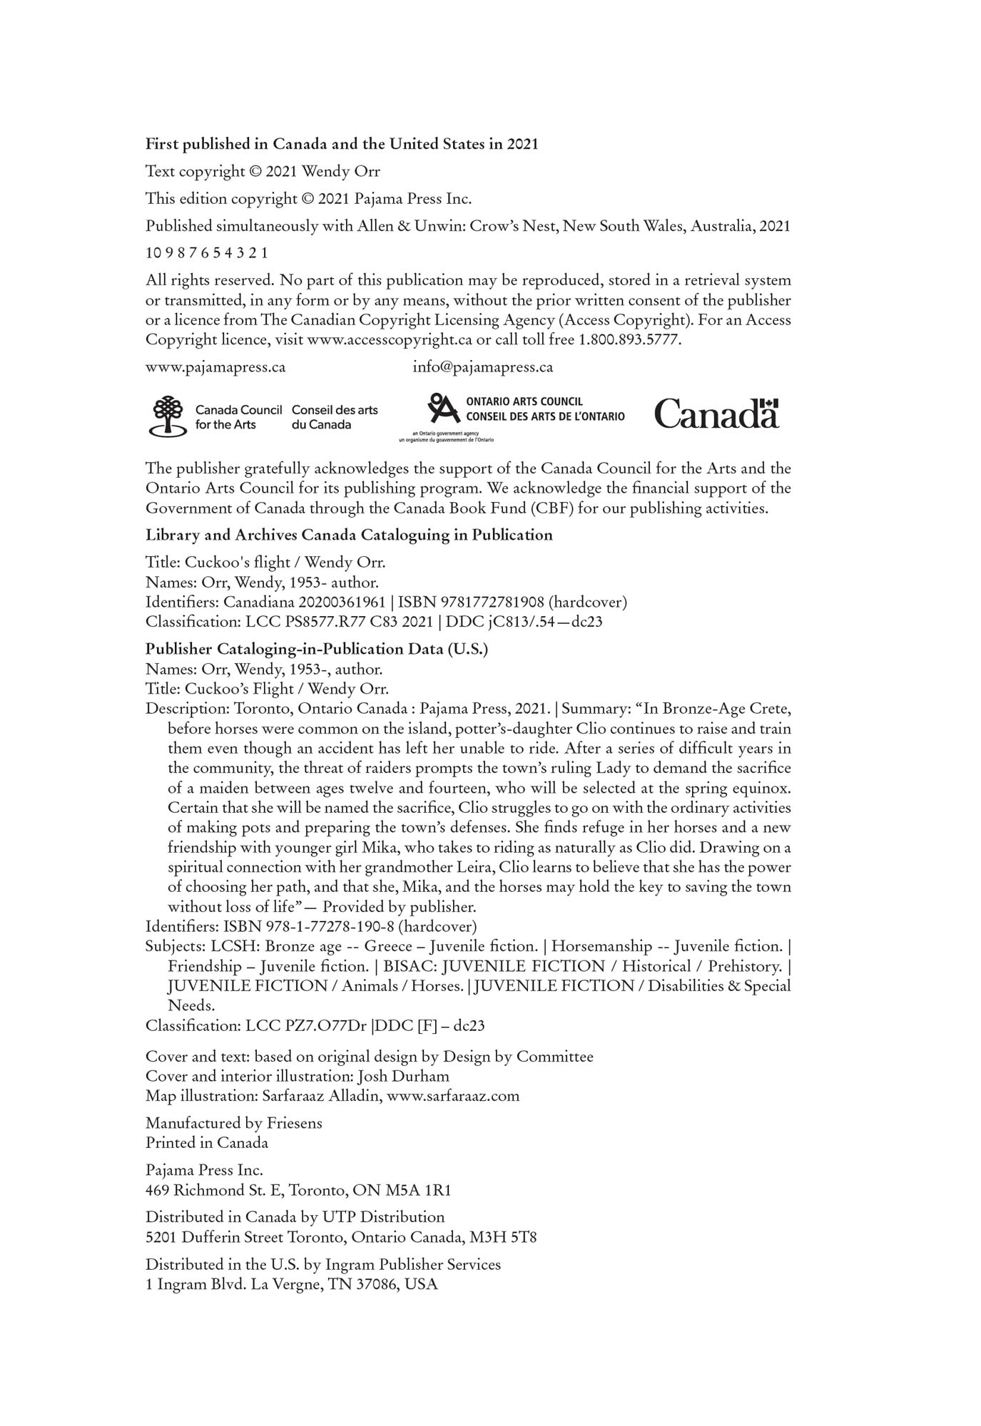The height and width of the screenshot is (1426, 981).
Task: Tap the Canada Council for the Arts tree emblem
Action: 166,416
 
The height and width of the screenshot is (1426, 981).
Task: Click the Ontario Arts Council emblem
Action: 443,409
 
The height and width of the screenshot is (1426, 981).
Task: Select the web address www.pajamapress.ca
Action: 215,367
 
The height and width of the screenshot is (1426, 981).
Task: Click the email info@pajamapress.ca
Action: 483,367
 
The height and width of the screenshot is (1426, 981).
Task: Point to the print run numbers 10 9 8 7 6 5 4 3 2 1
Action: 207,253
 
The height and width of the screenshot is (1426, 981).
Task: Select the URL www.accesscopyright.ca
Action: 390,340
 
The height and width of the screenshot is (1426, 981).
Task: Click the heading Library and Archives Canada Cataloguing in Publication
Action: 349,535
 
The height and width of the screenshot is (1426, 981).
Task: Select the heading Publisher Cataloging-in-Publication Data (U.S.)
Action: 317,649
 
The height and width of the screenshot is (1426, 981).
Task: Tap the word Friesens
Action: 294,1123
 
